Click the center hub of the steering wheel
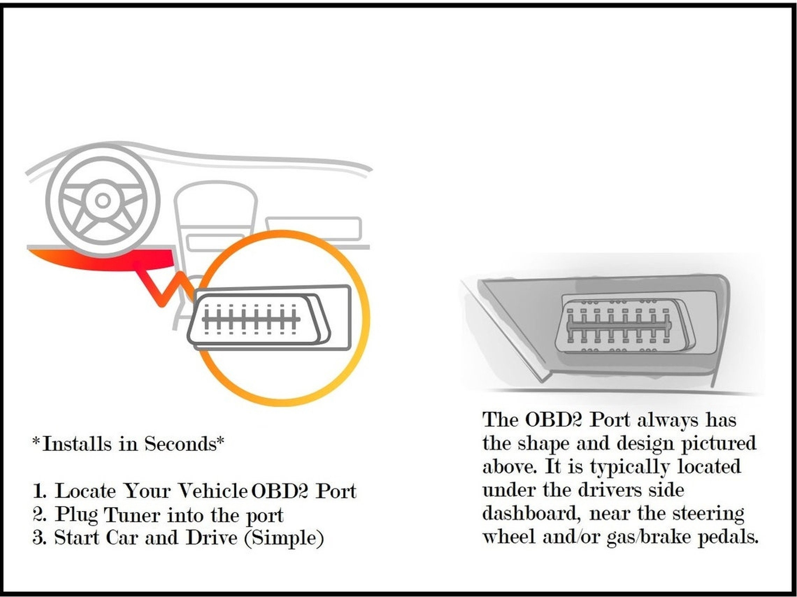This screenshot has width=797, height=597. (x=103, y=200)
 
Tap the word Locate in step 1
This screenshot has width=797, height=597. (x=85, y=491)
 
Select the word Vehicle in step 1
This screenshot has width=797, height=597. (x=213, y=491)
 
